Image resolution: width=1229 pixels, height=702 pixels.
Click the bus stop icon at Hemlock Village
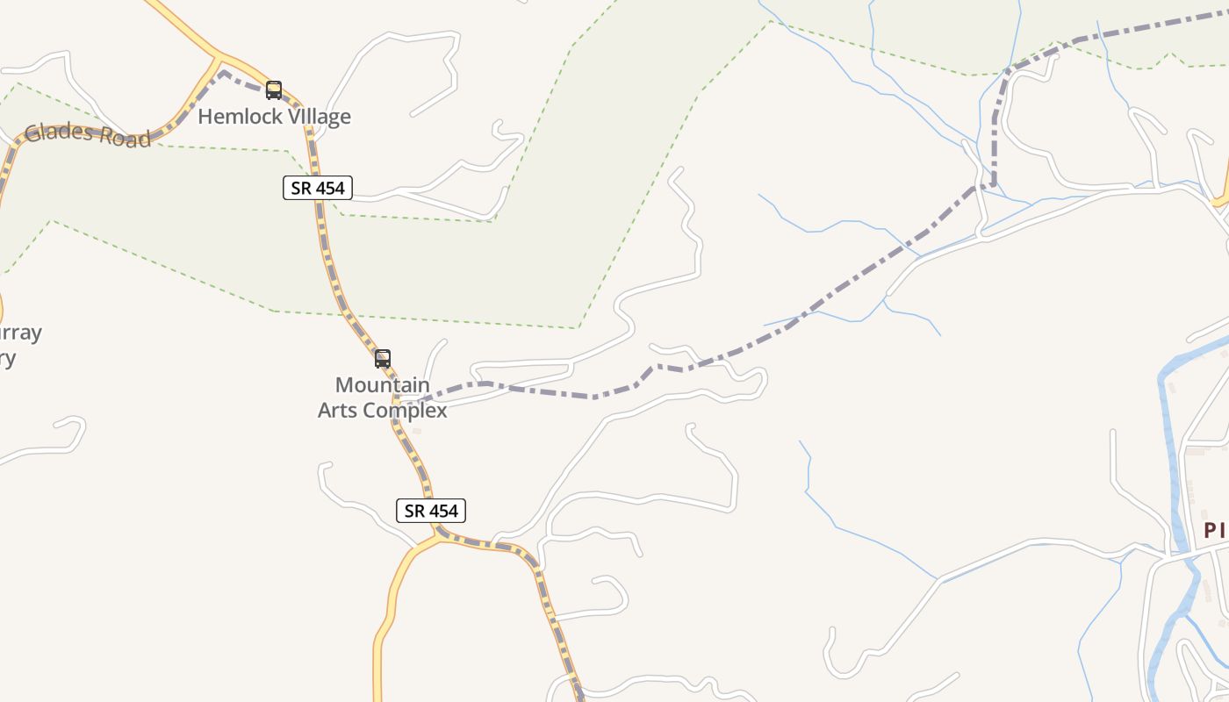274,90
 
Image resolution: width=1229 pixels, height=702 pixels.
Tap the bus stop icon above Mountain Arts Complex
383,358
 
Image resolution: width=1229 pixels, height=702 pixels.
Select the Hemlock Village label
274,117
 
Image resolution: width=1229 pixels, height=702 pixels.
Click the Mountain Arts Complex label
383,398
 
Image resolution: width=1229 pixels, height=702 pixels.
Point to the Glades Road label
88,134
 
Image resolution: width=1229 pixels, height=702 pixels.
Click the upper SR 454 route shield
318,187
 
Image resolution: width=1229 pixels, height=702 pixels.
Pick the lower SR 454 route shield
431,511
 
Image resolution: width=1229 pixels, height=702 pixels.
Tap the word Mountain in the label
383,385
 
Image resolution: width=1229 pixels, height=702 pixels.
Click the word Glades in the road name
58,133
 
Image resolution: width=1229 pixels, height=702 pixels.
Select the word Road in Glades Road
124,138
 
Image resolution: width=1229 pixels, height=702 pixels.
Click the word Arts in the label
338,411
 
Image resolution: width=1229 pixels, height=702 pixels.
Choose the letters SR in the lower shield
414,511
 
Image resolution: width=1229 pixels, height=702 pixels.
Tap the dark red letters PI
1215,531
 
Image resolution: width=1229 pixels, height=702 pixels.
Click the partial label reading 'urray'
19,333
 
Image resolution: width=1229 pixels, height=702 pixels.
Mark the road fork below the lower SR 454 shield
435,534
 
